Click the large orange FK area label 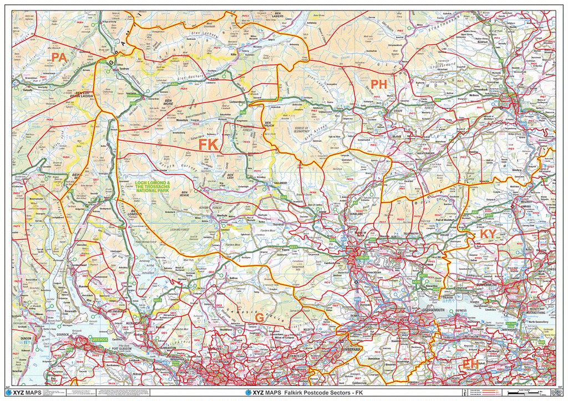[209, 145]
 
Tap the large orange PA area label [59, 57]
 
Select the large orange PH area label [378, 84]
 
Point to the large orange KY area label [488, 234]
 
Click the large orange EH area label [469, 363]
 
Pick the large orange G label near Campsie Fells [259, 317]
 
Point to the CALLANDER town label [280, 182]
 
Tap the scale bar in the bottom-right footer [530, 392]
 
